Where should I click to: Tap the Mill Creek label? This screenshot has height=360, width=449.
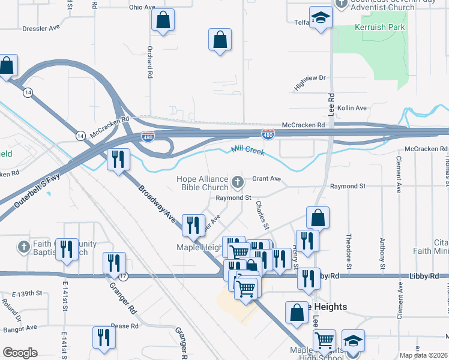248,151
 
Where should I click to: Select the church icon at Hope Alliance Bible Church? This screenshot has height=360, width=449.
238,181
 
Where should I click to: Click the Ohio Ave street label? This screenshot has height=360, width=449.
142,8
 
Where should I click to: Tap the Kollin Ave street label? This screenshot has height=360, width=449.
352,108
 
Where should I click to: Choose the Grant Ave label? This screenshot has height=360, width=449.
267,179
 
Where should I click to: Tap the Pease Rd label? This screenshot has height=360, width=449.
125,326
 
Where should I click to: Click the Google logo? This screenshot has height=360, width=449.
20,353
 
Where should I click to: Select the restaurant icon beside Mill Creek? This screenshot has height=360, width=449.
118,159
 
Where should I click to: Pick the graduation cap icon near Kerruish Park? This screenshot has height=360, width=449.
321,17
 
